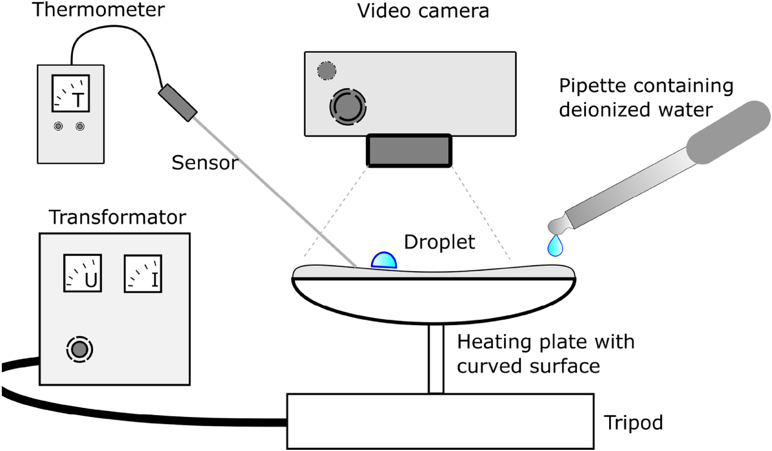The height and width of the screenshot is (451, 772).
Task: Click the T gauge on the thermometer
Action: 72,95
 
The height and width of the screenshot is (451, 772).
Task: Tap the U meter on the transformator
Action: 83,273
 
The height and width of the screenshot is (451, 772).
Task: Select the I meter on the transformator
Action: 142,273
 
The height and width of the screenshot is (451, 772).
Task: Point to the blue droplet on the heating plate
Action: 384,260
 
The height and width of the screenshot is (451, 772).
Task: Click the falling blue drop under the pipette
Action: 554,246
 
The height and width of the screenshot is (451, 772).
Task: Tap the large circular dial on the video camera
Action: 348,107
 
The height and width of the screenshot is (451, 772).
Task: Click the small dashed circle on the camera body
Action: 326,71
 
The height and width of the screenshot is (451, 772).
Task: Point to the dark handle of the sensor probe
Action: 178,102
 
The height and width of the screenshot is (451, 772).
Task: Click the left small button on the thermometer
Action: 58,126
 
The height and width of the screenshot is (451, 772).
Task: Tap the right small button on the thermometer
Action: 80,126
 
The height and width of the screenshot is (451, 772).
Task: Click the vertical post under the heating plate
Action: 435,359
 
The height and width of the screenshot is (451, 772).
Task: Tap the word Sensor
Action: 204,162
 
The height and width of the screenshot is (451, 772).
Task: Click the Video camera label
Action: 423,11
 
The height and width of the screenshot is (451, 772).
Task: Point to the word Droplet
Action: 439,242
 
